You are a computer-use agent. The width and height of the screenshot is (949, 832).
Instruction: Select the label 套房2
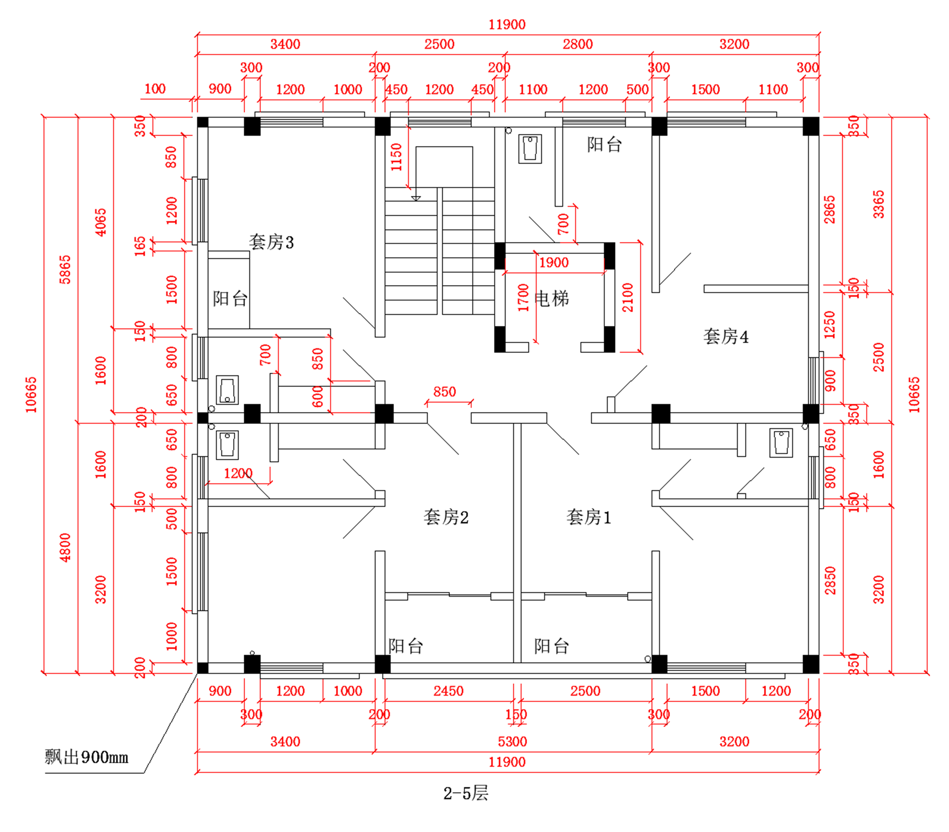(x=446, y=517)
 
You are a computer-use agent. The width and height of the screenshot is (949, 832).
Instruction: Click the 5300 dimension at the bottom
(x=512, y=741)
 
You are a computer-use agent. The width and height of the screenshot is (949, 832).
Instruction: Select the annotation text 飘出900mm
(x=86, y=757)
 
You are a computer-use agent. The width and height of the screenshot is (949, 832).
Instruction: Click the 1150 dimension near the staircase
(x=396, y=157)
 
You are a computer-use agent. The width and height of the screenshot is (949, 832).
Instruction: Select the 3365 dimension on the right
(x=879, y=204)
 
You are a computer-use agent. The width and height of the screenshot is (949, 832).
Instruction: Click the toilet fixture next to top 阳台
(x=530, y=148)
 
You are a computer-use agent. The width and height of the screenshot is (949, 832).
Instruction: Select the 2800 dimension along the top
(x=577, y=44)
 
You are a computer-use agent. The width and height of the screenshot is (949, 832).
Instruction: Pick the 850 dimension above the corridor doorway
(x=444, y=392)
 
